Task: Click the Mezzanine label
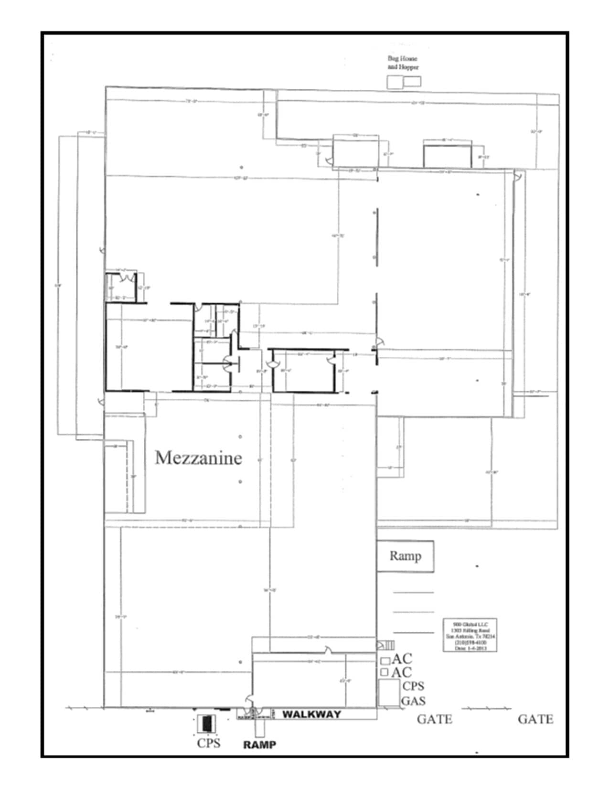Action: coord(199,458)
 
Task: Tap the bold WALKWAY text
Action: coord(311,714)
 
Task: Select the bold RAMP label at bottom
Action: coord(259,745)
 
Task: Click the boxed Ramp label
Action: coord(405,556)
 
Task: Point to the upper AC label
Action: coord(401,659)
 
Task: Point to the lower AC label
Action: coord(401,672)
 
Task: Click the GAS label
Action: coord(413,701)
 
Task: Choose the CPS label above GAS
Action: coord(413,686)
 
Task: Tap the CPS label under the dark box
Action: coord(209,743)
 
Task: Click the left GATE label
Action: coord(434,719)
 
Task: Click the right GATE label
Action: coord(535,719)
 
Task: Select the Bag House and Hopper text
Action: coord(403,63)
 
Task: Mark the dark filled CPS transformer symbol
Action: coord(207,723)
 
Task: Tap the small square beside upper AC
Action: coord(385,661)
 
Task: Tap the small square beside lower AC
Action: coord(384,672)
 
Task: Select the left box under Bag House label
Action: coord(395,82)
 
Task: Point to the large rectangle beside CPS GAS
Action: coord(389,693)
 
